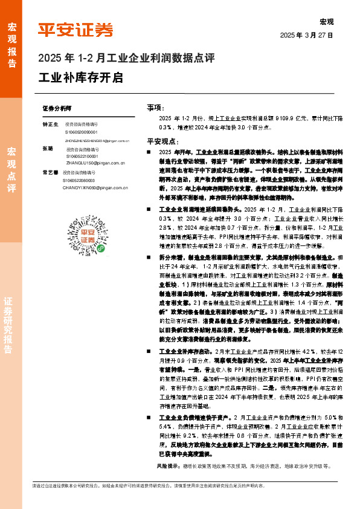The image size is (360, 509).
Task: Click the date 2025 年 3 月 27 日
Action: pos(307,36)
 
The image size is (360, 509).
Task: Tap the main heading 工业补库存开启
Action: pos(80,78)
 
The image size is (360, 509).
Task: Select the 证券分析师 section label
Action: pos(57,107)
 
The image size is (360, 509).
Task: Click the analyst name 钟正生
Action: pos(50,123)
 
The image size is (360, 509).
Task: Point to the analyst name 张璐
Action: pos(48,148)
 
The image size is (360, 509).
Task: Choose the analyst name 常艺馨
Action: pos(50,172)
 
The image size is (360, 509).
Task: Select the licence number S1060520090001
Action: pos(84,131)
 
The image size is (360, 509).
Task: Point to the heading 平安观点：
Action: pos(160,140)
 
